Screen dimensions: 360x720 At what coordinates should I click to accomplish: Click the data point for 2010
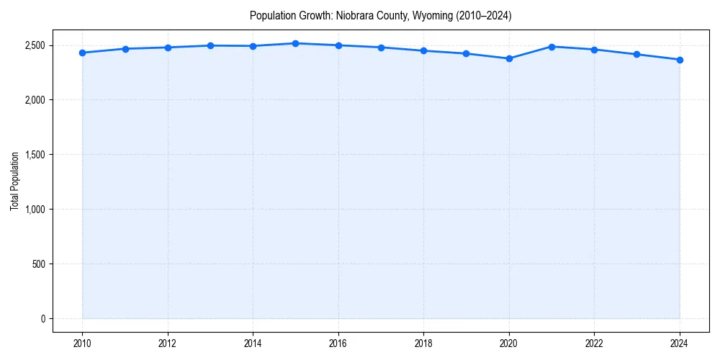[x=83, y=53]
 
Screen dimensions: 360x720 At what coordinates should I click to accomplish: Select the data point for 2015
[x=296, y=43]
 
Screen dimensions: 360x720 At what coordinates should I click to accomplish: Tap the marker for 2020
[x=509, y=58]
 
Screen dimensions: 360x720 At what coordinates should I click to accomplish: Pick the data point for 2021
[x=552, y=47]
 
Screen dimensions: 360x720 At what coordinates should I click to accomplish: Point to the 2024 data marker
[x=680, y=60]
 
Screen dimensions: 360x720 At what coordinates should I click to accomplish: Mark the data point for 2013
[x=210, y=45]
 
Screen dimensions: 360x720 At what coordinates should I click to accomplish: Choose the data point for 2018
[x=424, y=50]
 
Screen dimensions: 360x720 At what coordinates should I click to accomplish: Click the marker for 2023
[x=637, y=55]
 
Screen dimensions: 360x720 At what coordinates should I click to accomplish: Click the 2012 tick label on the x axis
[x=168, y=343]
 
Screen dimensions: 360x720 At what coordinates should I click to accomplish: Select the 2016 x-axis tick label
[x=338, y=343]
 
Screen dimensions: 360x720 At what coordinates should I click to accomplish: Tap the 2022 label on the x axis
[x=594, y=343]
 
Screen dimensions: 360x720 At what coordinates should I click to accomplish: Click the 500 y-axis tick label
[x=39, y=264]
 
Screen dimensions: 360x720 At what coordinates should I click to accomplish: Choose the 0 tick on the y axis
[x=43, y=319]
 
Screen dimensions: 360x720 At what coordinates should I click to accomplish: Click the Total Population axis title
[x=14, y=181]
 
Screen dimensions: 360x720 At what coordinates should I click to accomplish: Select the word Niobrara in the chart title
[x=356, y=16]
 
